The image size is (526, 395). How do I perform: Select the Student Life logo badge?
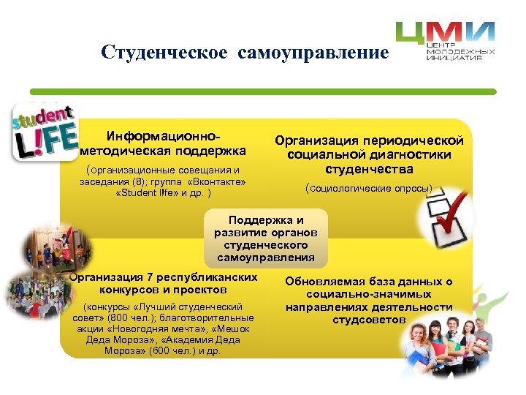pos(45,132)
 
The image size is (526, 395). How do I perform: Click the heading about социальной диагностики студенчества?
pos(370,154)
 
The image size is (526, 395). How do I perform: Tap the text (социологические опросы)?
pos(369,189)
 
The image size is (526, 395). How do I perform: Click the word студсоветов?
pos(369,320)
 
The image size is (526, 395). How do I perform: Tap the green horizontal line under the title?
pos(263,91)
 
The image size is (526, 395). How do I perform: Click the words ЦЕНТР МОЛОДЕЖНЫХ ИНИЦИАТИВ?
pos(460,53)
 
